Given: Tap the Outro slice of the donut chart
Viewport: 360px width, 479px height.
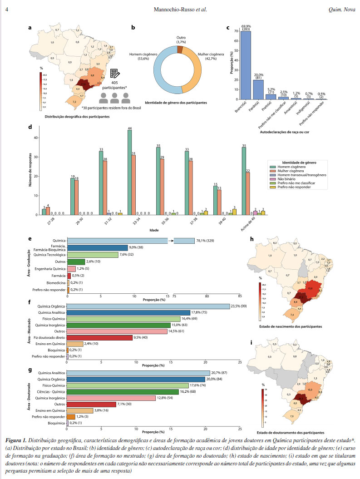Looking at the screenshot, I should click(x=180, y=49).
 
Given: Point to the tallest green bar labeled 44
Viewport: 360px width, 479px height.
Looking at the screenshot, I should click(x=130, y=172).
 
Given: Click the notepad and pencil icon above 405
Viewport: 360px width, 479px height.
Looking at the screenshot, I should click(x=114, y=75).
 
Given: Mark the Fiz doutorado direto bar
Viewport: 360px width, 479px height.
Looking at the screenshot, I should click(x=100, y=337).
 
